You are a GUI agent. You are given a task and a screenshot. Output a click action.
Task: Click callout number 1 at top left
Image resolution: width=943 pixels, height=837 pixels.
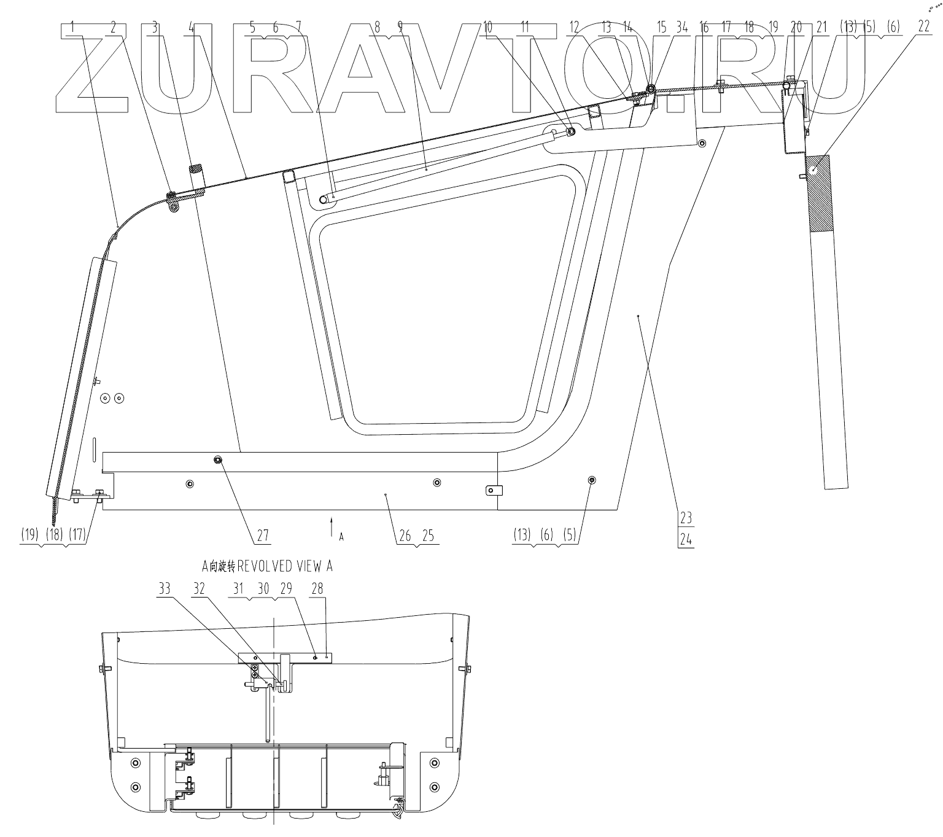coord(72,28)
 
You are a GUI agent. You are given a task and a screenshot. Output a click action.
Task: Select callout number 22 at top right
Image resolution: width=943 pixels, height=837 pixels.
coord(923,26)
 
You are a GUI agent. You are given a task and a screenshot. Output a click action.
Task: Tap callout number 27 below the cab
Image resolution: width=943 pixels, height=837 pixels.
coord(263,535)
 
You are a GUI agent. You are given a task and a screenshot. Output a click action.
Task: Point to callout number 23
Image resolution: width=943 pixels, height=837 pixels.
coord(686,518)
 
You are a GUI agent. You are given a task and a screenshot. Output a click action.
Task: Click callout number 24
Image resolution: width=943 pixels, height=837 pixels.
coord(686,540)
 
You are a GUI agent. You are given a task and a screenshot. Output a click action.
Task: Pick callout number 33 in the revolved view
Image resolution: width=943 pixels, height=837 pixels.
coord(165,588)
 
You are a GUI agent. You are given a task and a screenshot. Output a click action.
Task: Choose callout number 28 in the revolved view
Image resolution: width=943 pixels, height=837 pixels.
coord(317,588)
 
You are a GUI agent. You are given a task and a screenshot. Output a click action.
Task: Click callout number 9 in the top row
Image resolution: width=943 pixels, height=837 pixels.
coord(400,28)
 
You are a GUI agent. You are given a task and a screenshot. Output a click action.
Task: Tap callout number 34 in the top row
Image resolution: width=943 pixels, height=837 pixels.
coord(682,28)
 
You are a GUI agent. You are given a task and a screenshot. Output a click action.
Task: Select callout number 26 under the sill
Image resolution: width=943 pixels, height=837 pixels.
coord(405,536)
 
